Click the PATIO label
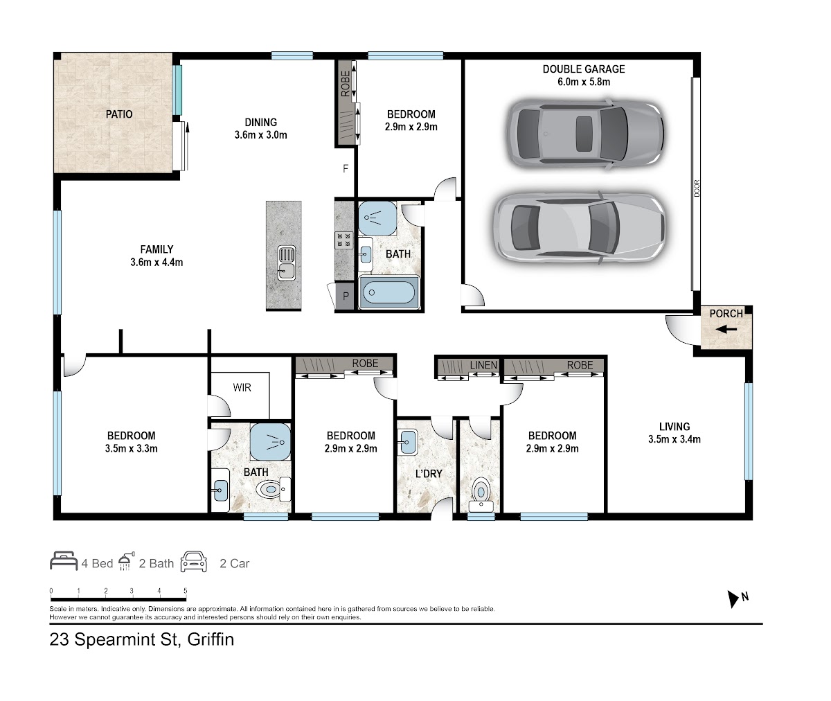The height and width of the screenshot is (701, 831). click(119, 114)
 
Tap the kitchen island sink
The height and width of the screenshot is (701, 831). click(286, 263)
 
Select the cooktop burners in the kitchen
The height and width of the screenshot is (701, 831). click(344, 240)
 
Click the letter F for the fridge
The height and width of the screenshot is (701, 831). click(346, 169)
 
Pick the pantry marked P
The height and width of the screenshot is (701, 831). click(345, 296)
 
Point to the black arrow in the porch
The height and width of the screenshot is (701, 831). click(726, 329)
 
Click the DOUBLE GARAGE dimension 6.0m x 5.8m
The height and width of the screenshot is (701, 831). click(584, 82)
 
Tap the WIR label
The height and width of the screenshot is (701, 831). click(242, 387)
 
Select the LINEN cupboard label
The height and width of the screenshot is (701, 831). click(483, 364)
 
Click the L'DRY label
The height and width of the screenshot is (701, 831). click(429, 474)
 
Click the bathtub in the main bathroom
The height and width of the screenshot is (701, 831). click(388, 292)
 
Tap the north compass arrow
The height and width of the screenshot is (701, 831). click(732, 599)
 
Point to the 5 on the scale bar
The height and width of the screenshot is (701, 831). click(186, 591)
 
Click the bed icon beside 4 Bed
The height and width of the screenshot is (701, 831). click(64, 561)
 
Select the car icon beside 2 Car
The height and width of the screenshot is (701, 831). click(194, 562)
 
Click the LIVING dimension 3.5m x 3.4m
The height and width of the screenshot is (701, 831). click(674, 439)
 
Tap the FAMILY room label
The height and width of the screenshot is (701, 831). click(157, 249)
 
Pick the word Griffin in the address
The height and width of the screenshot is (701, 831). click(211, 640)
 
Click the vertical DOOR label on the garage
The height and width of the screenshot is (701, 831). click(697, 188)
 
